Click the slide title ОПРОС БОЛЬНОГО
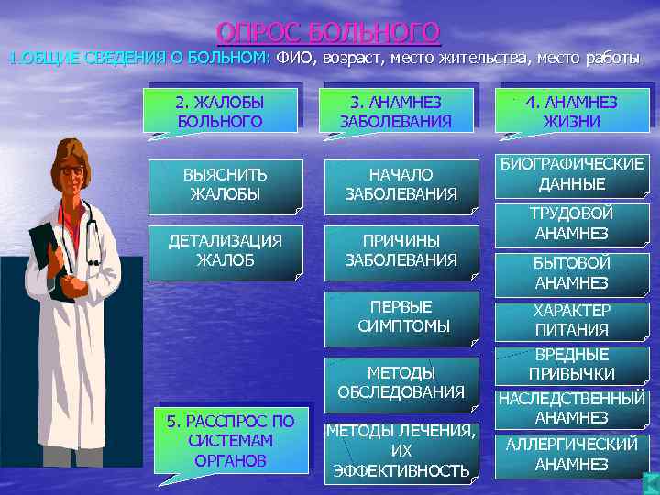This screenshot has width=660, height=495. coord(328,33)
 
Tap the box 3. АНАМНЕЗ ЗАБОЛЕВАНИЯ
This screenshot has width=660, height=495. coord(396,111)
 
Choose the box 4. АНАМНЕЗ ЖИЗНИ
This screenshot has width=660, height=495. coord(571,111)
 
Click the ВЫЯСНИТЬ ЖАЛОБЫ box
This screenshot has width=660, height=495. coord(225,183)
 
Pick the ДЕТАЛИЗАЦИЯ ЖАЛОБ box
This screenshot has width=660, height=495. coord(225,250)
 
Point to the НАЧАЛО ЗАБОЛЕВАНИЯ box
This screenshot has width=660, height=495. coord(401,183)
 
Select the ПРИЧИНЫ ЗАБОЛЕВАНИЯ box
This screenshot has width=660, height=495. coord(401,250)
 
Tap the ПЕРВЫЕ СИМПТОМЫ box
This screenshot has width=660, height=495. coord(401,316)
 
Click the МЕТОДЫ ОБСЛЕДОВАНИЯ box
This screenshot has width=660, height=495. coord(401,382)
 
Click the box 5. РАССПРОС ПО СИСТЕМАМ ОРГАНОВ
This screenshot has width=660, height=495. coord(230,439)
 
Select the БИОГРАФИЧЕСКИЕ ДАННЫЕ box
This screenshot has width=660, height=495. coord(571,174)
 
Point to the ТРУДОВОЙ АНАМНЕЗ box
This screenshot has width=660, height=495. coord(571,224)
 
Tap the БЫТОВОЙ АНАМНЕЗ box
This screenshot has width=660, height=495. coord(571,273)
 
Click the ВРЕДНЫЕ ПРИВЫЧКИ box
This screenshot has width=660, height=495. coord(571,365)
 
